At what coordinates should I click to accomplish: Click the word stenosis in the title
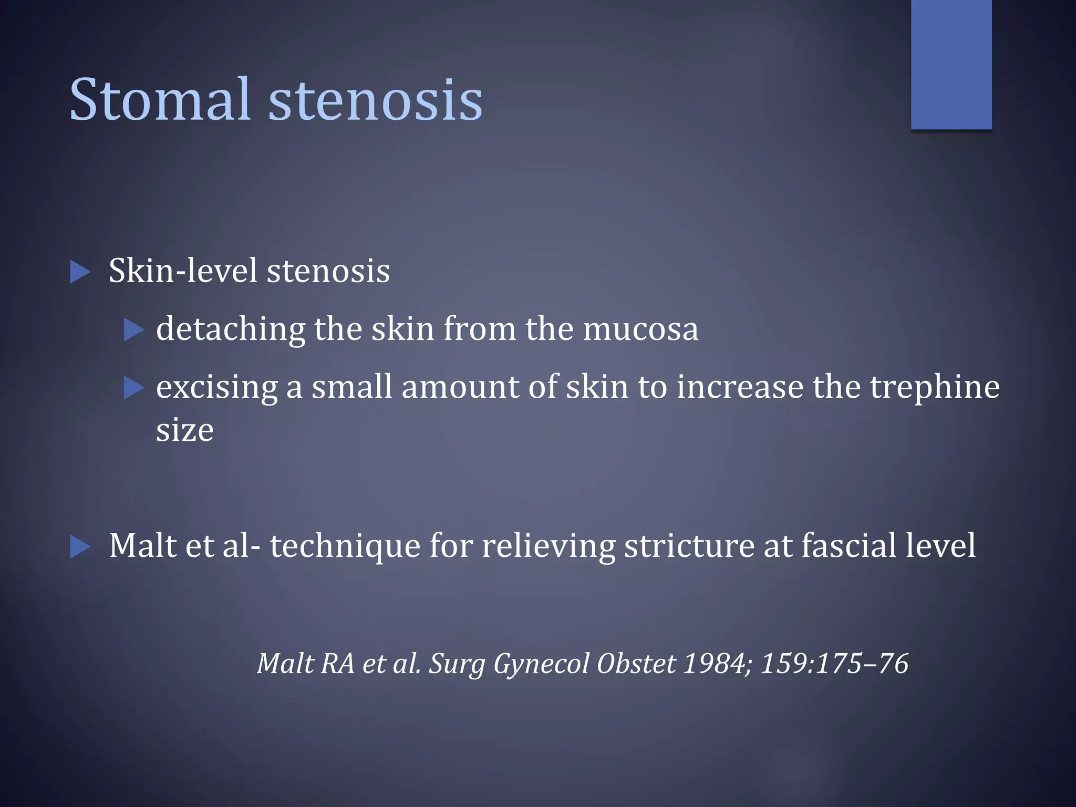pos(375,99)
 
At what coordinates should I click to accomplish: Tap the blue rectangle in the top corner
pos(951,64)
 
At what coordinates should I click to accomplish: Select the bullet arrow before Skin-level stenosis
pos(80,272)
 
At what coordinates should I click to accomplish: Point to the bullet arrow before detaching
pos(133,330)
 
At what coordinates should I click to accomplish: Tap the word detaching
pos(230,329)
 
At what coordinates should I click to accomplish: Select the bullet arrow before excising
pos(133,388)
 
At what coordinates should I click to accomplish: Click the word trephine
pos(935,387)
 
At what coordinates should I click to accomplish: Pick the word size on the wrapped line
pos(184,430)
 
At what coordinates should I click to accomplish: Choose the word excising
pos(216,388)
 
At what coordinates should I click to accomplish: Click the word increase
pos(740,387)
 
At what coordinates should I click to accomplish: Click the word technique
pos(345,546)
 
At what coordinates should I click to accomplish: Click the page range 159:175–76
pos(834,663)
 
